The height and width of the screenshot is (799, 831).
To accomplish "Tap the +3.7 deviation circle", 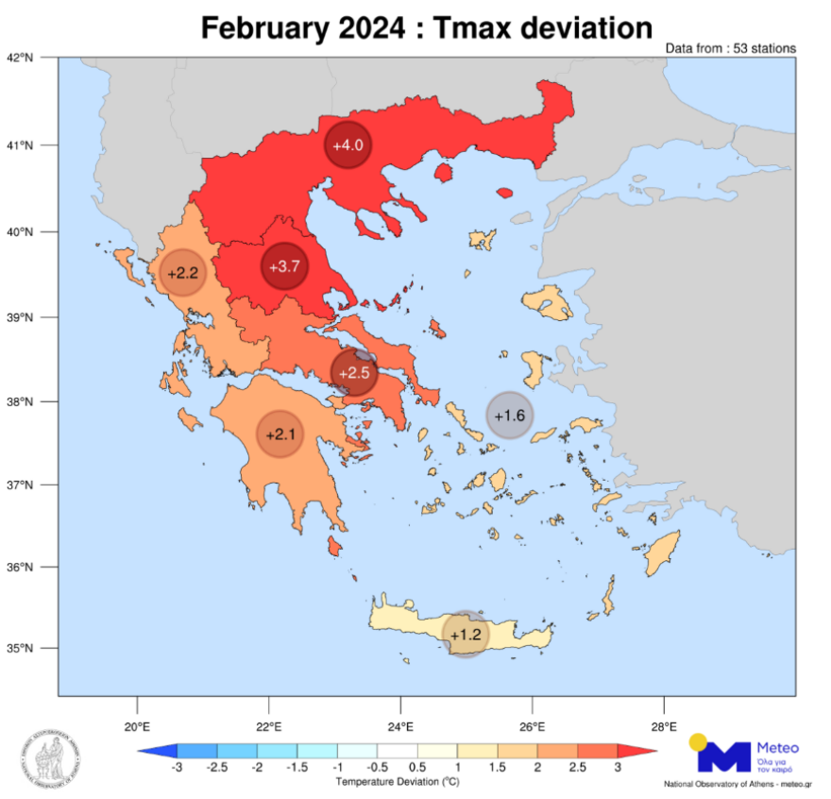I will click(x=284, y=266).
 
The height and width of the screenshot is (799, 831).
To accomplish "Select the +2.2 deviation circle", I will click(x=182, y=273).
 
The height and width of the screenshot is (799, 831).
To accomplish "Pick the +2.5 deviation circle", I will click(x=354, y=373).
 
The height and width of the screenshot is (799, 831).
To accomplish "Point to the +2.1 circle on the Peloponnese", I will click(x=280, y=434).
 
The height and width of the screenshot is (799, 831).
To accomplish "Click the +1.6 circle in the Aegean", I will click(x=509, y=416).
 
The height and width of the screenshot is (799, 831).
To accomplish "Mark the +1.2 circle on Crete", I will click(x=466, y=635).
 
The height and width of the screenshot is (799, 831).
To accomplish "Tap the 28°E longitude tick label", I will click(x=664, y=726).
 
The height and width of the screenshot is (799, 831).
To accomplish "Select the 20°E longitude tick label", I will click(x=137, y=726).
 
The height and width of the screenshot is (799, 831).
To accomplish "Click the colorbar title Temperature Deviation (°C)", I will click(x=396, y=782).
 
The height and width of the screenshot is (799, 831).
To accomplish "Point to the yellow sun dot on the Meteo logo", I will click(x=699, y=741).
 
